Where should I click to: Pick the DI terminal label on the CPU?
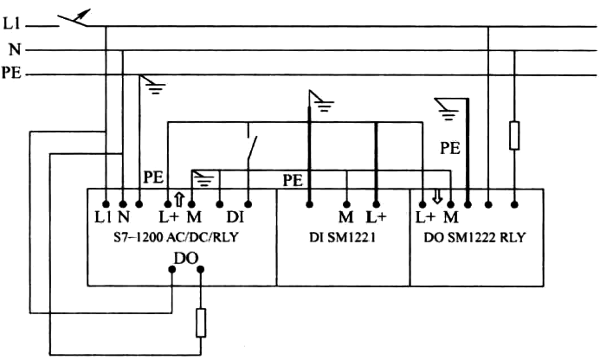[x=236, y=215]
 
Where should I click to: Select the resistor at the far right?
[x=515, y=135]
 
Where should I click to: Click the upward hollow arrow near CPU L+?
[x=178, y=198]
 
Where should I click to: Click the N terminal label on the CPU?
[x=123, y=215]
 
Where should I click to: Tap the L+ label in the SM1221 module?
[x=375, y=215]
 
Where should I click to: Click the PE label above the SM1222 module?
[x=449, y=148]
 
